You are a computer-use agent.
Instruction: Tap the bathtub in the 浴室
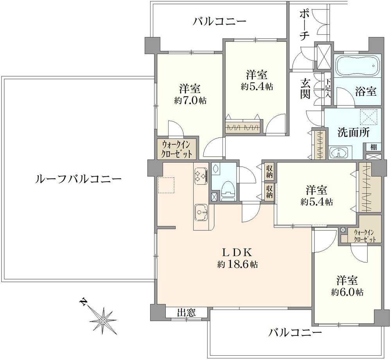pos(357,65)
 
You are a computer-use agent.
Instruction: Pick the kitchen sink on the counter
pos(201,212)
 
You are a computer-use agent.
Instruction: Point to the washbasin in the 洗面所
pos(338,153)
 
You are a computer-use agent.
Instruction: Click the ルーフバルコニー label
pos(79,179)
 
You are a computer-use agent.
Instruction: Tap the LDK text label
pos(237,253)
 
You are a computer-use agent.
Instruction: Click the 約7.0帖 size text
pos(190,100)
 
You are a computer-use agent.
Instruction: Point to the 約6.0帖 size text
pos(347,292)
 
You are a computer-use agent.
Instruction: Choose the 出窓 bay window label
pos(186,312)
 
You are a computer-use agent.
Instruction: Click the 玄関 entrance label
pos(305,88)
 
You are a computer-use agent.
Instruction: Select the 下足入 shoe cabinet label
pos(328,88)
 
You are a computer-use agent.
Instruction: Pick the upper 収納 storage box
pos(269,171)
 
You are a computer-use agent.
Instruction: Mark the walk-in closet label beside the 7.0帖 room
pos(177,149)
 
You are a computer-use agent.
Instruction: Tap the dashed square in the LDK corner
pos(167,185)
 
